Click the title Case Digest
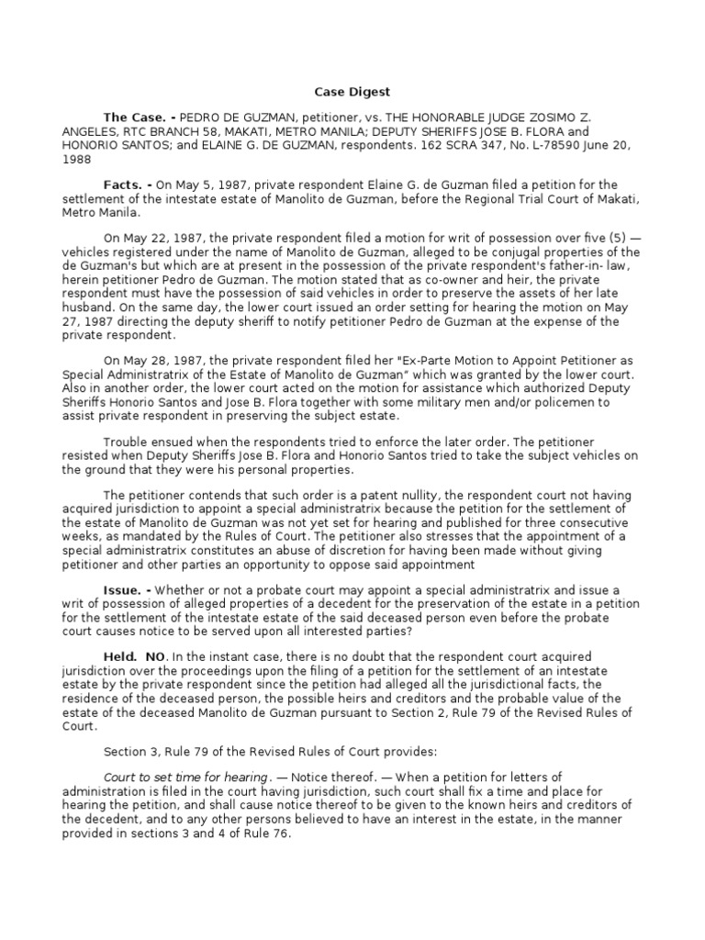(352, 92)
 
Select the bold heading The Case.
(137, 117)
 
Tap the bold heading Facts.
(127, 185)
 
